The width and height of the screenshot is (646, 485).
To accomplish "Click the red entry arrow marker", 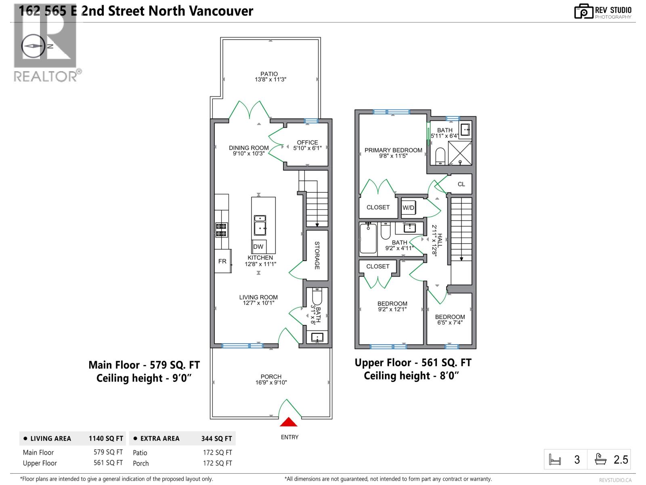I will pos(289,422).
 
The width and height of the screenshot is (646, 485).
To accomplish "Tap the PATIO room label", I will pos(269,74).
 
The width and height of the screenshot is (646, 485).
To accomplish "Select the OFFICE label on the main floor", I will pos(307,142).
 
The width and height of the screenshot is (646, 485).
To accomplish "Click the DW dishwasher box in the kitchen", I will pos(258,247).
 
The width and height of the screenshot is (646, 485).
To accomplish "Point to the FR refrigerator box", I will pos(222,261).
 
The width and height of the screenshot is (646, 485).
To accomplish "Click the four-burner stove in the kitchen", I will pos(221,230).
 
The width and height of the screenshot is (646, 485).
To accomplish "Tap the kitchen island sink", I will pos(260,225).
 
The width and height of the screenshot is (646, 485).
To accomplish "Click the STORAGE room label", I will pos(317,255).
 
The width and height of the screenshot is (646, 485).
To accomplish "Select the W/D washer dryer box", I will pos(409,208).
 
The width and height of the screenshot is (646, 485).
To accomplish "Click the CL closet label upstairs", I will pos(461,184).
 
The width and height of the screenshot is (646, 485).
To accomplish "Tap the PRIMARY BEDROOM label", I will pos(393,150).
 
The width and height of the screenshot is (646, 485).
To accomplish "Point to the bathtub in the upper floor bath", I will pos(368,238).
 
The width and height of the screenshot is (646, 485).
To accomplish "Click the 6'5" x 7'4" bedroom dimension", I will pos(450,323).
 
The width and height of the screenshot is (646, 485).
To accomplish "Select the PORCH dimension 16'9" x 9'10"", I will pos(271,382).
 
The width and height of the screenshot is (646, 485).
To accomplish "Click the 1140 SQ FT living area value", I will pos(106,439).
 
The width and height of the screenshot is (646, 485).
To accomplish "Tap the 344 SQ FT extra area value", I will pos(217,439).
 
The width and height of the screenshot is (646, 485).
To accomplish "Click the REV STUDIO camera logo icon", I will pos(583,11).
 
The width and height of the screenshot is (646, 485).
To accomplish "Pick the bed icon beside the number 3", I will pos(555,460).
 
